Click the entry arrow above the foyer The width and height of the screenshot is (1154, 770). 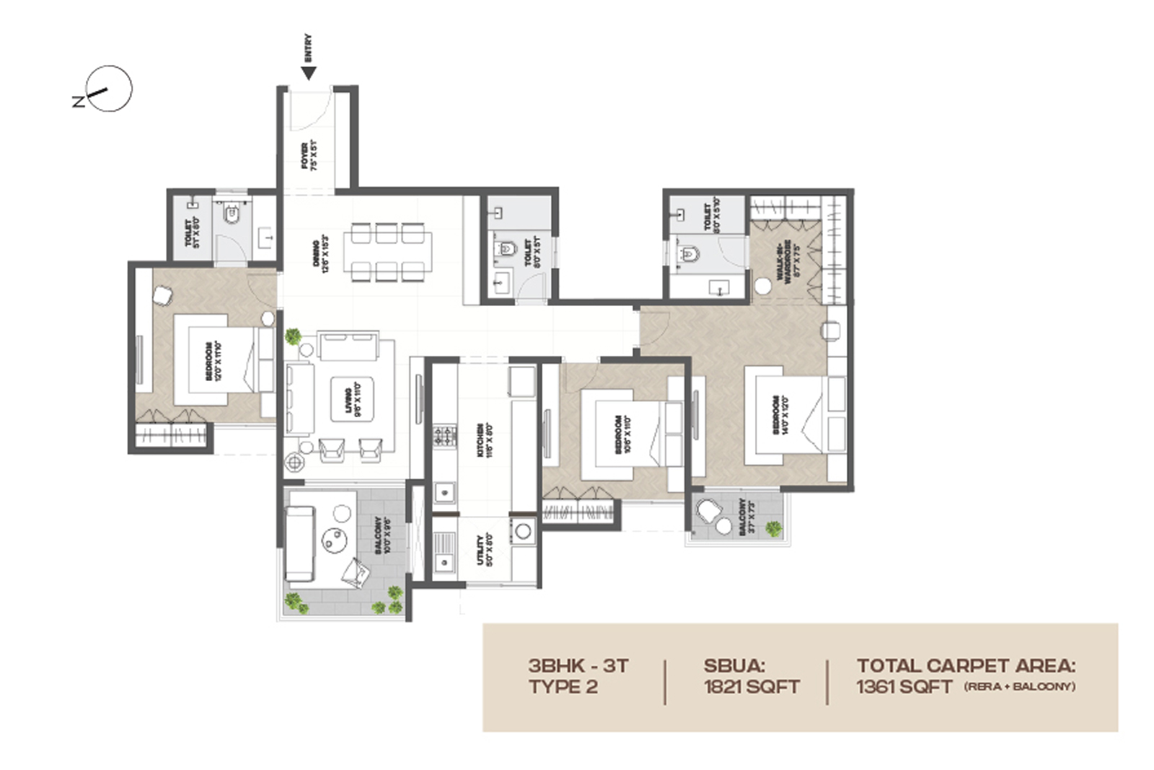309,73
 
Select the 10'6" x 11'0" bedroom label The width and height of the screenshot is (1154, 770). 623,434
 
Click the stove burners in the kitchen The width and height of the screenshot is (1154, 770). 444,435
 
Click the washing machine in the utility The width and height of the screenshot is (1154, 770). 522,532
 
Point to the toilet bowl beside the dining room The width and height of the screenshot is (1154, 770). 506,249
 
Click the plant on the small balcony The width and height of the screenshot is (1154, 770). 773,529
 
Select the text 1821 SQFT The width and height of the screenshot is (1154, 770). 752,686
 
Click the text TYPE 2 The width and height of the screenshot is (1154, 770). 563,686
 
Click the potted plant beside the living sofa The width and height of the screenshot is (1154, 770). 293,336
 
